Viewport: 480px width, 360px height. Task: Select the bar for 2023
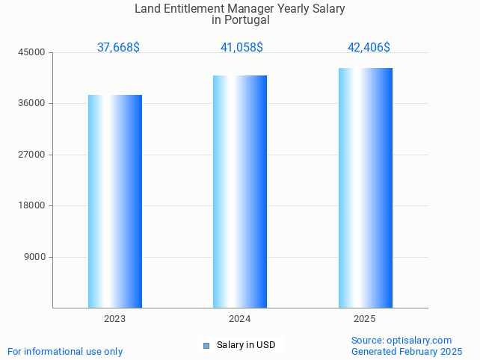(x=115, y=201)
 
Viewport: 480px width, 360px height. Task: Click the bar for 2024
(x=240, y=191)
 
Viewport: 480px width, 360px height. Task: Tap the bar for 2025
(x=365, y=187)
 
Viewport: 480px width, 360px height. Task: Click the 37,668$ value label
(x=118, y=47)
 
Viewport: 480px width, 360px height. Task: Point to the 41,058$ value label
(x=241, y=47)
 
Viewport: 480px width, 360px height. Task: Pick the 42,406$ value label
(x=369, y=47)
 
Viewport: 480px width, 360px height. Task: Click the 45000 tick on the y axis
(x=33, y=52)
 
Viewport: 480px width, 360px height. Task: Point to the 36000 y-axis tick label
(x=33, y=104)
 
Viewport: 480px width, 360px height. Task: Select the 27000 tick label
(x=33, y=155)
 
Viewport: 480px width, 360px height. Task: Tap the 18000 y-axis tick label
(x=33, y=206)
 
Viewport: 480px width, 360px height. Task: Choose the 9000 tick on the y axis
(x=35, y=257)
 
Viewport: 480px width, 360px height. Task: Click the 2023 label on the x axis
(x=115, y=318)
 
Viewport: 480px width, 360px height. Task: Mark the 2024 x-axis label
(x=240, y=318)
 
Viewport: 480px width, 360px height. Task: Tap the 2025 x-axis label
(x=365, y=318)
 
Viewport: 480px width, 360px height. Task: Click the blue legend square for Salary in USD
(x=206, y=345)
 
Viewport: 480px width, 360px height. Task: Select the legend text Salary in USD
(x=246, y=345)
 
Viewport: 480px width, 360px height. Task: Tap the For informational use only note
(x=65, y=351)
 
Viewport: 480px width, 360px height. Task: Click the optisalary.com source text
(x=419, y=340)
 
